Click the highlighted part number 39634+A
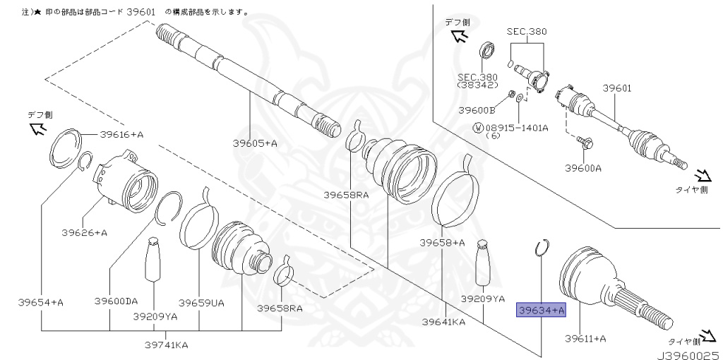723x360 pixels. (541, 310)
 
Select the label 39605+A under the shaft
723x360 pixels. (255, 143)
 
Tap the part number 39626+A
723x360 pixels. (85, 232)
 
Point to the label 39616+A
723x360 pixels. (121, 134)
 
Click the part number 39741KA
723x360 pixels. (165, 344)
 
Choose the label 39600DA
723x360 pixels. (116, 301)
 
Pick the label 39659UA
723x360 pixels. (201, 303)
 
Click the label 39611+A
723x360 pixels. (585, 339)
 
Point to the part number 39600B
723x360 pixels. (477, 110)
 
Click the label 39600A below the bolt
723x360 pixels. (583, 168)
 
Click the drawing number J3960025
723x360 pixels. (689, 355)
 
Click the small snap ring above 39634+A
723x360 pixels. (542, 248)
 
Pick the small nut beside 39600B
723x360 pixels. (511, 95)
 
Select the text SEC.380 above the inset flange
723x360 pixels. (527, 32)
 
